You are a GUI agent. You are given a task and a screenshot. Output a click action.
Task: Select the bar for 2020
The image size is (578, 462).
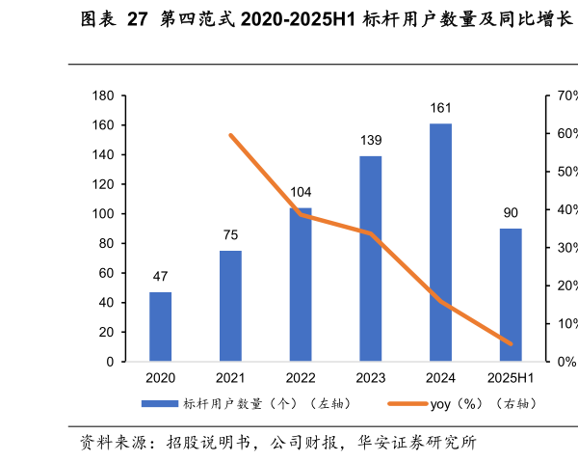pyautogui.click(x=161, y=326)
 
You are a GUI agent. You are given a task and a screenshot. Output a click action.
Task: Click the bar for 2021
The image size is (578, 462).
pyautogui.click(x=230, y=306)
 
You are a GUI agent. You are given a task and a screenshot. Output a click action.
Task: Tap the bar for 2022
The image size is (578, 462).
pyautogui.click(x=301, y=285)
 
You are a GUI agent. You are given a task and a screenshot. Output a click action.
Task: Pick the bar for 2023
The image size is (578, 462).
pyautogui.click(x=371, y=258)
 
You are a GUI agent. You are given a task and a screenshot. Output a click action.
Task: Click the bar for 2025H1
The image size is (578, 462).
pyautogui.click(x=511, y=294)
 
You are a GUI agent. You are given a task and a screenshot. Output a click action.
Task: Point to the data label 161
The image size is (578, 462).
pyautogui.click(x=440, y=108)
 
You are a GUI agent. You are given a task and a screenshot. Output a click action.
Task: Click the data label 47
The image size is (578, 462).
pyautogui.click(x=161, y=277)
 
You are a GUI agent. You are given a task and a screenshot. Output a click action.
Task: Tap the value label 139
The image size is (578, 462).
pyautogui.click(x=371, y=141)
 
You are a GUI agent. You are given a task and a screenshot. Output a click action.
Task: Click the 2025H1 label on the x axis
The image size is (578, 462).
pyautogui.click(x=511, y=378)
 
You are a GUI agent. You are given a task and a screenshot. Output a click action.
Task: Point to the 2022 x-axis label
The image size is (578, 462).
pyautogui.click(x=301, y=378)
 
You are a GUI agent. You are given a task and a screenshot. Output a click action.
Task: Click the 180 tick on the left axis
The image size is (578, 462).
pyautogui.click(x=103, y=96)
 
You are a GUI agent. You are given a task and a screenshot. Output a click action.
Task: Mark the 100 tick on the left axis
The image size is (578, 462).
pyautogui.click(x=103, y=214)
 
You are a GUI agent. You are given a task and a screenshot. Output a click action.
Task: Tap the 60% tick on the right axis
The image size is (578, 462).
pyautogui.click(x=562, y=134)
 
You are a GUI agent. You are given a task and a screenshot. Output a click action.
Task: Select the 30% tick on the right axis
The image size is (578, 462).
pyautogui.click(x=562, y=248)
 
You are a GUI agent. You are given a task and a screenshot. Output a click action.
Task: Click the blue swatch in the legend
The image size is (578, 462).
pyautogui.click(x=160, y=403)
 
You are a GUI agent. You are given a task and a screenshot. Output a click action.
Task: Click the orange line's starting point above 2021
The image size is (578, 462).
pyautogui.click(x=230, y=135)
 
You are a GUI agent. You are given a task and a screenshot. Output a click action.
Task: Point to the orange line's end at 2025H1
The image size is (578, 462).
pyautogui.click(x=511, y=343)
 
